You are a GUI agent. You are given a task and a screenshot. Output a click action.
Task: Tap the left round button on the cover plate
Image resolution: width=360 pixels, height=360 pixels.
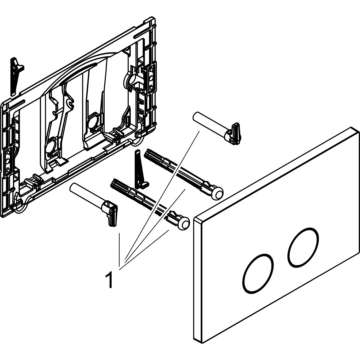click(x=258, y=274)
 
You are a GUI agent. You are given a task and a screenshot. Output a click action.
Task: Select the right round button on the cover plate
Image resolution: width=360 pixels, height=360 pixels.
click(x=303, y=247)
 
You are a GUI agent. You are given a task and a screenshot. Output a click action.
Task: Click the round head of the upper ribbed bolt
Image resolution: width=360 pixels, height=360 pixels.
click(x=217, y=194)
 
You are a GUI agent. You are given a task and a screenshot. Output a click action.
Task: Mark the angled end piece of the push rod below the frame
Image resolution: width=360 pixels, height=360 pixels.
click(x=111, y=213)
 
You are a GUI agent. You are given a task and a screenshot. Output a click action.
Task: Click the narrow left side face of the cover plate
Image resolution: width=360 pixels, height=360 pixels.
click(x=198, y=280)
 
